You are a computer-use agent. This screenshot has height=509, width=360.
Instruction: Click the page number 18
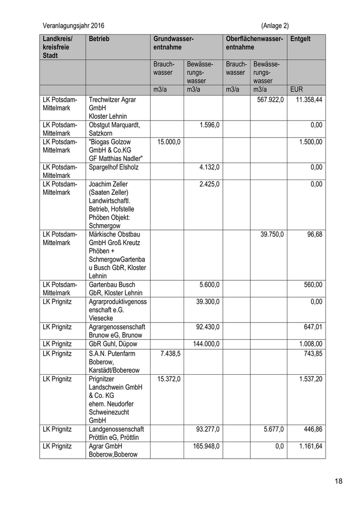coord(338,481)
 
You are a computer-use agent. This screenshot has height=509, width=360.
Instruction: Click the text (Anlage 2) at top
coord(275,26)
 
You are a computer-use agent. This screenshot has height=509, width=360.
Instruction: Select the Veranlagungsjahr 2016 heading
coord(76,26)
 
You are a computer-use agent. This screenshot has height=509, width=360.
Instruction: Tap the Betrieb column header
coord(99,39)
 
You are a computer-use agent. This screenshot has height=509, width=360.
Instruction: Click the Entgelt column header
coord(300,39)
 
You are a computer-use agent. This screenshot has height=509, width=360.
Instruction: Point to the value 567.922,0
coord(270,100)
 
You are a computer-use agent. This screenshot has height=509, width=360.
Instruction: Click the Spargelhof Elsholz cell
coord(114,167)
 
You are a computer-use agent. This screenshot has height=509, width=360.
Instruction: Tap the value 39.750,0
coord(272,234)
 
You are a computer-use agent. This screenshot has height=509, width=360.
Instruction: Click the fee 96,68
coord(314,234)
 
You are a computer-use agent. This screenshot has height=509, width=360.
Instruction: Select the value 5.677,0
coord(273,429)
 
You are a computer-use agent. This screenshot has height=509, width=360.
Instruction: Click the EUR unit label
coord(297,89)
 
